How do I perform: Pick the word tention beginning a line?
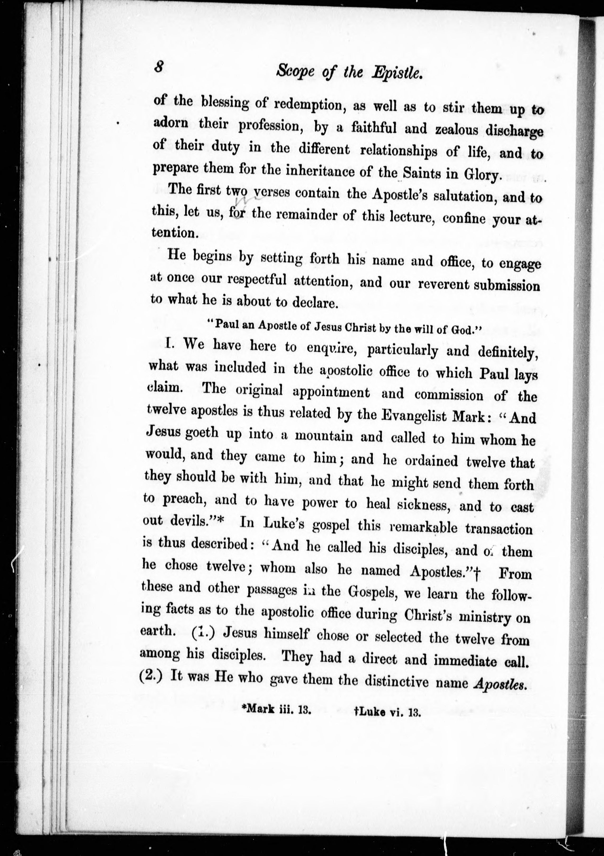(x=173, y=233)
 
